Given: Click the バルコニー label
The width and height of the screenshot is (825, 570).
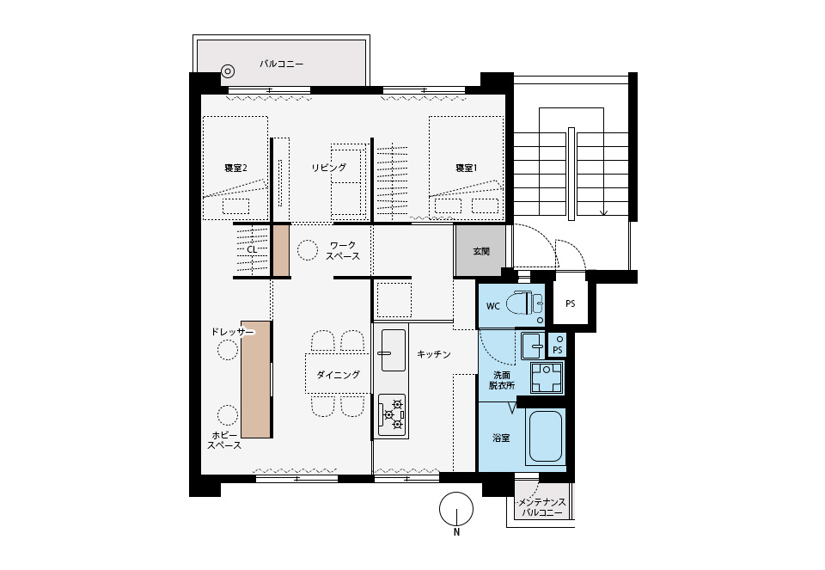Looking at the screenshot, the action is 282,64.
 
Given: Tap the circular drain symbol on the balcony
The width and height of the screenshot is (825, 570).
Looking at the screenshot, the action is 227,71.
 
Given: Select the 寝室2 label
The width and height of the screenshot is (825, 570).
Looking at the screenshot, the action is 235,168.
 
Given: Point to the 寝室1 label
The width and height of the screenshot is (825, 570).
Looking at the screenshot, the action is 466,168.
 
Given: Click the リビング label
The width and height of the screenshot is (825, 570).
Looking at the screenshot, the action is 329,168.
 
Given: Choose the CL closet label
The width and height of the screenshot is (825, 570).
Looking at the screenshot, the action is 252,248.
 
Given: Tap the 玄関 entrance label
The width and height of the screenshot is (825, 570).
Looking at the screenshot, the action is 481,251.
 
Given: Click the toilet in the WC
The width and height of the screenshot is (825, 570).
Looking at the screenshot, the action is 524,303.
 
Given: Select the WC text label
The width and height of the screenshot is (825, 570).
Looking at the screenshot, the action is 492,306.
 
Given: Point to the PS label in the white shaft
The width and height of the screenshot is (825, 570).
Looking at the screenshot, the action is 571,303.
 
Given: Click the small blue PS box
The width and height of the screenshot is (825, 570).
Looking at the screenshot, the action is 558,345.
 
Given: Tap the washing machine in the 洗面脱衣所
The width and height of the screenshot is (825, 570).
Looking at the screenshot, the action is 547,378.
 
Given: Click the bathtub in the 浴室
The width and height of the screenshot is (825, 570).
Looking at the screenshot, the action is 546,437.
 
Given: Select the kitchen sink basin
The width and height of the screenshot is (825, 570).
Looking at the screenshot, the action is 393,350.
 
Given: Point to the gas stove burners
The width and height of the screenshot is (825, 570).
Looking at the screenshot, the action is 393,414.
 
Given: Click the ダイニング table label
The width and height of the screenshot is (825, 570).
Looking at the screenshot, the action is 338,375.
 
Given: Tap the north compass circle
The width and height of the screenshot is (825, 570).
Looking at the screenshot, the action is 456,508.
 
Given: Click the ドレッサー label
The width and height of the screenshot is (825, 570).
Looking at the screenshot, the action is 232,332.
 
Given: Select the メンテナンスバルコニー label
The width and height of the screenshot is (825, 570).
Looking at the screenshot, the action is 542,507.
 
